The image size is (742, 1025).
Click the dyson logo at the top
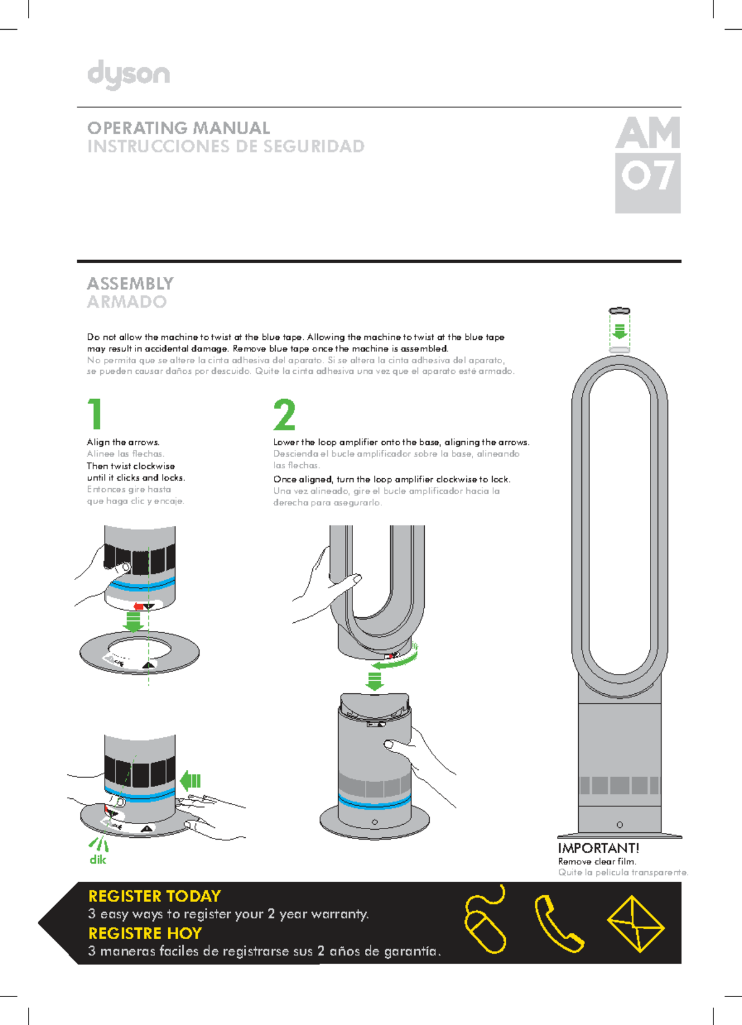coord(128,74)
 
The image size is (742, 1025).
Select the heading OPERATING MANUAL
coord(179,128)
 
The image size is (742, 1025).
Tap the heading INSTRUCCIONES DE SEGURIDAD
coord(226,146)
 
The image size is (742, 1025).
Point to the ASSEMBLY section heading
coord(130,284)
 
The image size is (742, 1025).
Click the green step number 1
coord(95,414)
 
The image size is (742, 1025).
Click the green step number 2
coord(284,414)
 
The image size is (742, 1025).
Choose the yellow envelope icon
coord(635,924)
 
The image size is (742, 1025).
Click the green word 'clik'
coord(98,859)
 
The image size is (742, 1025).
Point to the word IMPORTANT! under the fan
coord(598,848)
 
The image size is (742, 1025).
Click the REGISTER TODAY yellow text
coord(155,896)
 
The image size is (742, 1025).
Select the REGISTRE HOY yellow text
coord(145,933)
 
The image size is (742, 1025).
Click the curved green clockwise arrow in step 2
coord(396,661)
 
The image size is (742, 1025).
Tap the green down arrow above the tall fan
coord(620,332)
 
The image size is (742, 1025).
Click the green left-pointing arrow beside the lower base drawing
coord(190,781)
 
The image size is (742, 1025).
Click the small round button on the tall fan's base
coord(620,825)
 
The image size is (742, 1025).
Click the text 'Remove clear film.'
coord(597,861)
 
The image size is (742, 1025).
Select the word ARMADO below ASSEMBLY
coord(127,302)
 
